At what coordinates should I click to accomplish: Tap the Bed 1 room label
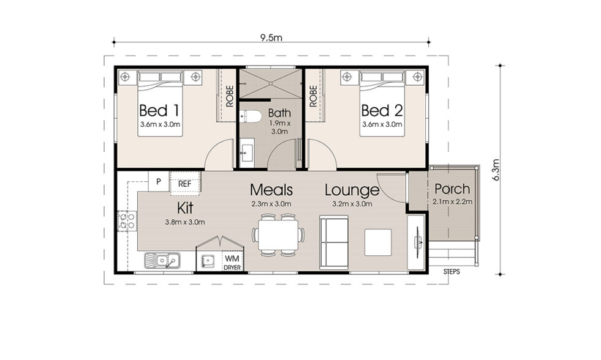tap(159, 111)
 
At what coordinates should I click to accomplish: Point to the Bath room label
tap(279, 113)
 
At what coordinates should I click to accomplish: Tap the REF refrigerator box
tap(185, 182)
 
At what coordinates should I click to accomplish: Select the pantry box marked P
tap(159, 182)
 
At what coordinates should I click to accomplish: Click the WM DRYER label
tap(232, 263)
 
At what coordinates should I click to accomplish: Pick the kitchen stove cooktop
tap(127, 220)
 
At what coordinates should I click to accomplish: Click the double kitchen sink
tap(161, 261)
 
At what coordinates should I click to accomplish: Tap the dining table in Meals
tap(276, 234)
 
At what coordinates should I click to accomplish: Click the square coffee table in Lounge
tap(379, 242)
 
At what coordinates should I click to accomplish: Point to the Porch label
tap(452, 189)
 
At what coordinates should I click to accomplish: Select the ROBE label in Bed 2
tap(313, 96)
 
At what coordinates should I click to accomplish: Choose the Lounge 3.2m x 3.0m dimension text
tap(351, 203)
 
